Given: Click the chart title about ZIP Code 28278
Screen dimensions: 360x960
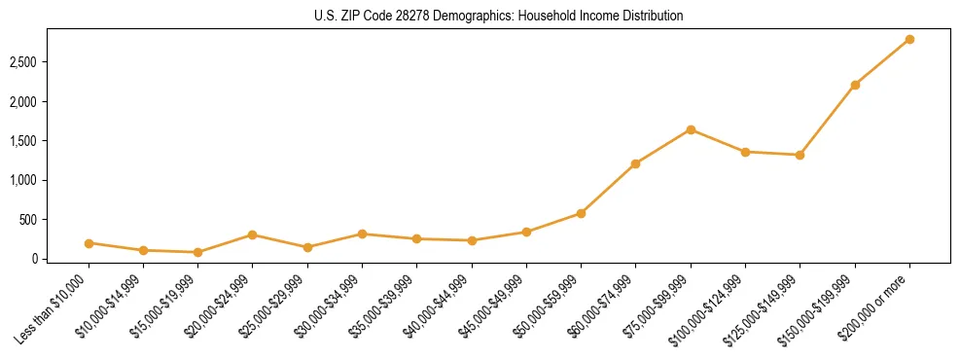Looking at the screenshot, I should [x=499, y=17].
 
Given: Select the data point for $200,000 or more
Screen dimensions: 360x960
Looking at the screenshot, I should [x=909, y=39].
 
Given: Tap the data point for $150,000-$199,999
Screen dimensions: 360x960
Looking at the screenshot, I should [x=855, y=85].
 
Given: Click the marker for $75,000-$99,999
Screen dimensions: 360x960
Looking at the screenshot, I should [x=691, y=129].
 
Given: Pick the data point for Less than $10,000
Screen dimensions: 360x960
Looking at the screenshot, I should [x=89, y=243].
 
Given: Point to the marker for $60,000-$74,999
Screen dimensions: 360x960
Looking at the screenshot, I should [x=635, y=163].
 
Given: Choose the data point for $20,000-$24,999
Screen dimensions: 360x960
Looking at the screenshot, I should [x=252, y=234].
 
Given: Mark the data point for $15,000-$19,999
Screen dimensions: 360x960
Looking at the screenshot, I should [x=197, y=252].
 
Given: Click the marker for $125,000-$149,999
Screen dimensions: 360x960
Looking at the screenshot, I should [x=800, y=155].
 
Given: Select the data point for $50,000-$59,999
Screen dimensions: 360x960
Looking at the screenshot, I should [x=581, y=213].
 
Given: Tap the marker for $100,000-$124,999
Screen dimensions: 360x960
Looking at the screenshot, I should [x=745, y=152].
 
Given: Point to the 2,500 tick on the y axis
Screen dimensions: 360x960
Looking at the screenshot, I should [x=23, y=62].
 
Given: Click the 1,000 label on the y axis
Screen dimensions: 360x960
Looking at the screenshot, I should [x=23, y=180].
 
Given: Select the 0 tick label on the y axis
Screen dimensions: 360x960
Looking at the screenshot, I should [x=34, y=259].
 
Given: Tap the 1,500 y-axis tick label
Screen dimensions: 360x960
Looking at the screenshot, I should [x=23, y=141].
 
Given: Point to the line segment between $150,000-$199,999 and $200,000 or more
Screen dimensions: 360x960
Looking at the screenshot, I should [x=882, y=62].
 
